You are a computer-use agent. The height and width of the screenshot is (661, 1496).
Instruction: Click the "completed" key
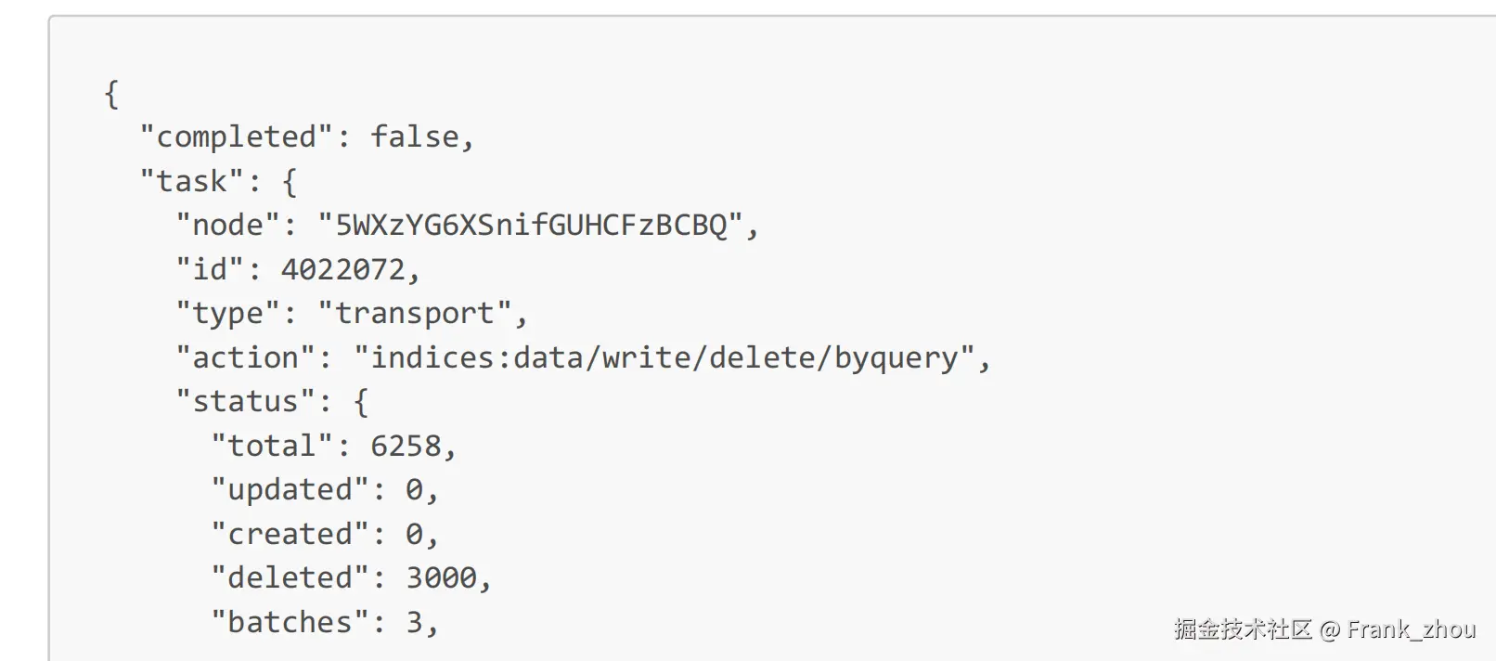click(x=237, y=137)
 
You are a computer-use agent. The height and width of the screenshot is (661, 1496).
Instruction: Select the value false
click(x=415, y=137)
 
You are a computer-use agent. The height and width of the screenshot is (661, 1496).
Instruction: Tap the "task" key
click(x=192, y=181)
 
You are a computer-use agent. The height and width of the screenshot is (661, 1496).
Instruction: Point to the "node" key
click(x=227, y=226)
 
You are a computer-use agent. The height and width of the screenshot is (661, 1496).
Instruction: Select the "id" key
click(x=210, y=269)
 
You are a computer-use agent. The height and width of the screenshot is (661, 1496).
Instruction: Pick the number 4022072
click(x=343, y=269)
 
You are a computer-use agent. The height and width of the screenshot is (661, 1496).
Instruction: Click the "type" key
click(x=227, y=314)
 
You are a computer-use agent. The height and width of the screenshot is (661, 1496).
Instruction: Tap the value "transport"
click(x=415, y=314)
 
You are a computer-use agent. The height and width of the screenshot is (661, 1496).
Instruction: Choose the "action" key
click(x=245, y=357)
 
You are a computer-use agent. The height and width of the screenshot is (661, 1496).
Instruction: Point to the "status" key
click(x=245, y=401)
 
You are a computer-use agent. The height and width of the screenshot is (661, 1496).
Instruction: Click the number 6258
click(x=406, y=446)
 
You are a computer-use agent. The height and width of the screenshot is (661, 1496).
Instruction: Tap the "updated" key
click(x=290, y=489)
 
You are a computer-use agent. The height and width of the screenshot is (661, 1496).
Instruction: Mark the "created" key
click(x=290, y=534)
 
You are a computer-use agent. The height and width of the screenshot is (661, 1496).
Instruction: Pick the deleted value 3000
click(x=441, y=577)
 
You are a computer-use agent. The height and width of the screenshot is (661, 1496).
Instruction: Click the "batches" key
click(x=290, y=622)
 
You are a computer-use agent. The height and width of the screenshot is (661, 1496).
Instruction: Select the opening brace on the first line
click(x=111, y=94)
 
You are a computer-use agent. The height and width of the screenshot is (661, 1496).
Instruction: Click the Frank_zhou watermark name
click(x=1411, y=629)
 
